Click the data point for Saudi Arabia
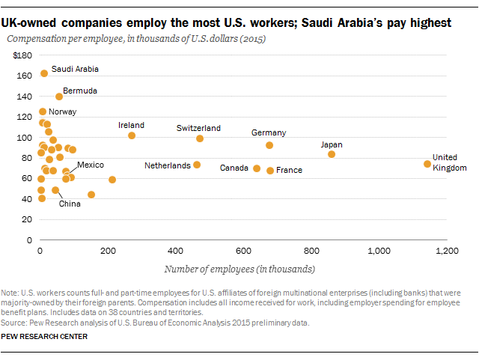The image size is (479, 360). tap(44, 73)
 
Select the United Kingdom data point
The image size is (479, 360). tap(427, 164)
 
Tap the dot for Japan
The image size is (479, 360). tap(332, 154)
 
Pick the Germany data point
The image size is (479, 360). tap(269, 145)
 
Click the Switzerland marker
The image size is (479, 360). tap(200, 138)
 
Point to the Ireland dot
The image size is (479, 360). tap(132, 135)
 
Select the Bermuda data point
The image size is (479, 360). tap(59, 97)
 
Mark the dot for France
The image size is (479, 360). tap(270, 171)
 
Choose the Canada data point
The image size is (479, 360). tap(257, 168)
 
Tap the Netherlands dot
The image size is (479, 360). tap(197, 165)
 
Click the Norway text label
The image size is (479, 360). tap(62, 112)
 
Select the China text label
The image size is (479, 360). tap(70, 203)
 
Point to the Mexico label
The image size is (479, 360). tap(91, 165)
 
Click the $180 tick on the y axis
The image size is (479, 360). tap(23, 56)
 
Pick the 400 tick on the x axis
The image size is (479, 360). tap(176, 250)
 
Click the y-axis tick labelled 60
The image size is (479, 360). tap(25, 179)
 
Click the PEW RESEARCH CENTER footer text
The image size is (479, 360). tap(44, 337)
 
